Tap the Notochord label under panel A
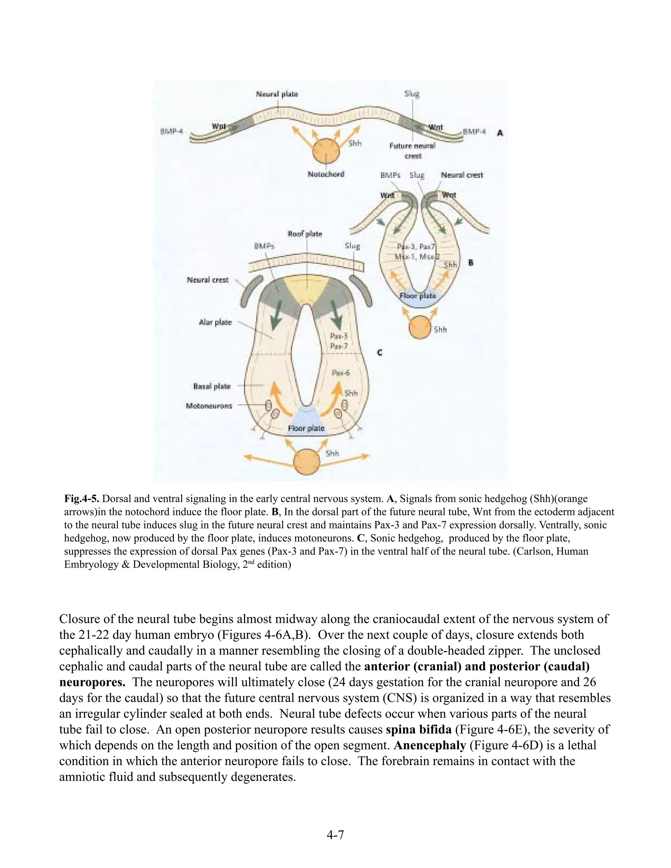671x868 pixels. [326, 174]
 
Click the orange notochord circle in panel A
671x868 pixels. [326, 151]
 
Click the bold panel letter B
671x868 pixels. [471, 263]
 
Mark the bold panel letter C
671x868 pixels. [380, 352]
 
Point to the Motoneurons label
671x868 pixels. [209, 406]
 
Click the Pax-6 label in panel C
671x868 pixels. [341, 373]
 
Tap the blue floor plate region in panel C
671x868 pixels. [306, 422]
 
